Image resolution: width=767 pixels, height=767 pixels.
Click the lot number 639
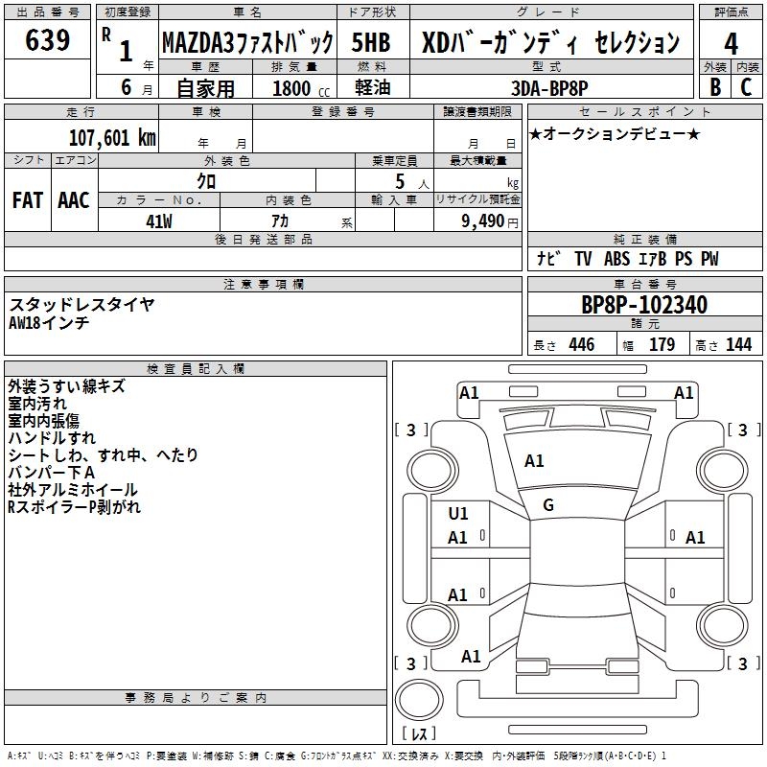click(x=49, y=40)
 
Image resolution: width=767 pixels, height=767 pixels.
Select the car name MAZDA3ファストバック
click(x=246, y=42)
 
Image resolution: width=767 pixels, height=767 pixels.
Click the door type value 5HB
click(x=373, y=42)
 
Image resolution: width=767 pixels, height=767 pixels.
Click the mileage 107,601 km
click(x=112, y=137)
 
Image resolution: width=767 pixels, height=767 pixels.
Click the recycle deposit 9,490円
click(x=488, y=221)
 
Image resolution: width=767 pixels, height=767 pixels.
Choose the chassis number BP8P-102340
click(x=644, y=305)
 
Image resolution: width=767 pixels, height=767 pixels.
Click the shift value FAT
click(x=27, y=200)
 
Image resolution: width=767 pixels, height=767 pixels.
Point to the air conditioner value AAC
click(x=74, y=200)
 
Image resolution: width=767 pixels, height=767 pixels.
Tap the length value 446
click(x=581, y=345)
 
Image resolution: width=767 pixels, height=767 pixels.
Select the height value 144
click(x=738, y=345)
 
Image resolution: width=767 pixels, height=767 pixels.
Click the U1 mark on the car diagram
click(x=458, y=514)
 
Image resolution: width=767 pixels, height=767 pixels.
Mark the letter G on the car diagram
click(x=548, y=505)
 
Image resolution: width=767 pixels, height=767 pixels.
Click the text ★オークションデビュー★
click(x=615, y=134)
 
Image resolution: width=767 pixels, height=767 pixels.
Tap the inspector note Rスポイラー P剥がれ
click(x=74, y=507)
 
